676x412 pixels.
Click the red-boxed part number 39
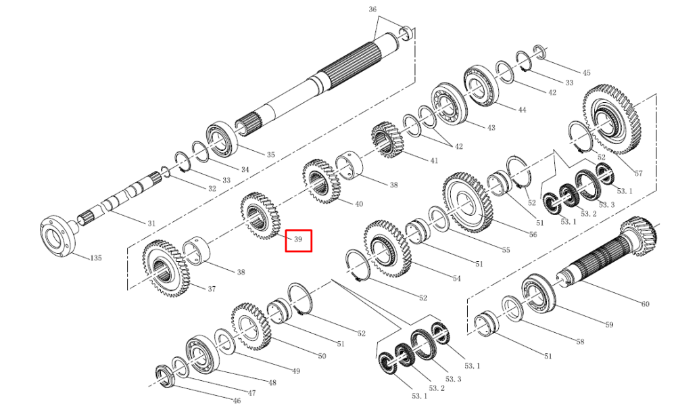(x=298, y=239)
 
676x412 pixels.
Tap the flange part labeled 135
(x=57, y=235)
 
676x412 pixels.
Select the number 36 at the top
(x=372, y=9)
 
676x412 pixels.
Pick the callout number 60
(x=645, y=304)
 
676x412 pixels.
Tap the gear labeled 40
(x=321, y=181)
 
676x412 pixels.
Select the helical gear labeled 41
(x=387, y=140)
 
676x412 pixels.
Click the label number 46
(x=237, y=400)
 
